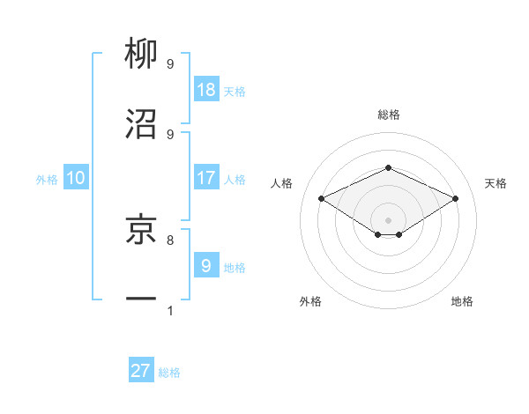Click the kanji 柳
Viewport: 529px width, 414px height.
[141, 55]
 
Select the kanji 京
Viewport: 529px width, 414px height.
[141, 228]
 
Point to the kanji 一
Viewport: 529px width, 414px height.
[141, 299]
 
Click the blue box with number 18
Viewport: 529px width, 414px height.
[206, 90]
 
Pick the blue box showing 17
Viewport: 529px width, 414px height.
[206, 178]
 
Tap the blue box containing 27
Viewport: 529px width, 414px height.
[141, 371]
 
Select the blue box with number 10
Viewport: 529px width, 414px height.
[76, 178]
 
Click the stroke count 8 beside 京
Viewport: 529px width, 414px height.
[169, 239]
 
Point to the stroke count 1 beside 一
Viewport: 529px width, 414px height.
[169, 310]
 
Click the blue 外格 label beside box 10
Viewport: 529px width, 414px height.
[47, 179]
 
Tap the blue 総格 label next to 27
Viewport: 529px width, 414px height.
[169, 373]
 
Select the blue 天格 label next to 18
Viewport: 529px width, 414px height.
[235, 92]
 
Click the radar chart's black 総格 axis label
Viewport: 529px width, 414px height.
[388, 115]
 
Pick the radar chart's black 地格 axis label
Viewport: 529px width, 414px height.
[462, 301]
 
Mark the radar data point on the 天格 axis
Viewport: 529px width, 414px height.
[455, 199]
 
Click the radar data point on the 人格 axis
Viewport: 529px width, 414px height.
[322, 199]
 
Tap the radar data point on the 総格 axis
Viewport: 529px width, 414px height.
[388, 167]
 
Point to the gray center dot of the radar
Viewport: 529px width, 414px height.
[388, 218]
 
